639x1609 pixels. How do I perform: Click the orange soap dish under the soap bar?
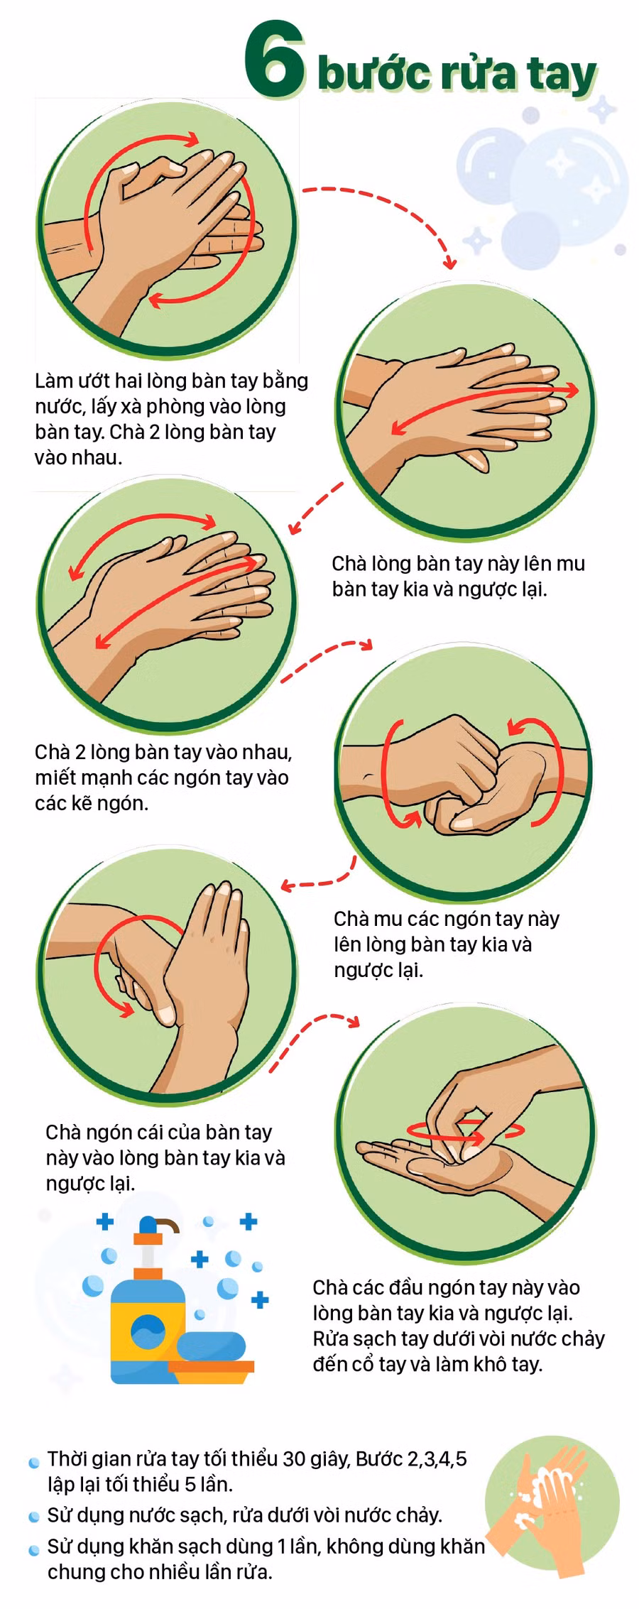coord(211,1370)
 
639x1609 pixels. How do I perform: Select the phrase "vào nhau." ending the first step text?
coord(78,457)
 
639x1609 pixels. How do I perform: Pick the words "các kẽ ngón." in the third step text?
coord(92,803)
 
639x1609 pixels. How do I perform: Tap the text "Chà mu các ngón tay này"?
coord(447,919)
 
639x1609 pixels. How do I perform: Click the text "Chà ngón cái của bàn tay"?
coord(159,1132)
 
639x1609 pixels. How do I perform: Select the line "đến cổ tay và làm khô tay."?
coord(427,1364)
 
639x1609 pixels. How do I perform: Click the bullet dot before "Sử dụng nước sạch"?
coord(34,1517)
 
